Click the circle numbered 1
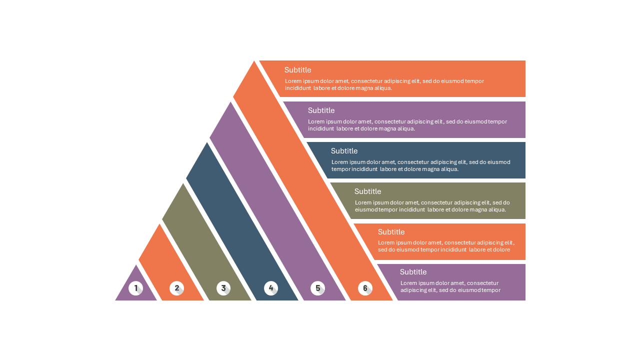tap(135, 288)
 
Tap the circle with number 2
tap(176, 288)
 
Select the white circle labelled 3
tap(223, 288)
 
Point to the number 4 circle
tap(271, 288)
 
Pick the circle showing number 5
tap(317, 288)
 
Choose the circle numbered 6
tap(365, 288)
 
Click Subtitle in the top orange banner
tap(297, 70)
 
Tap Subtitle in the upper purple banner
tap(321, 110)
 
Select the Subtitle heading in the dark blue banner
tap(344, 151)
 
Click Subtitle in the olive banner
tap(367, 191)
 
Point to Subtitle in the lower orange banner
tap(391, 232)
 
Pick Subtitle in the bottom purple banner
tap(413, 272)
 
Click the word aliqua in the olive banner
tap(497, 209)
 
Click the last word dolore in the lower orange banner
tap(501, 249)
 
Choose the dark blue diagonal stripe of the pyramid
tap(242, 221)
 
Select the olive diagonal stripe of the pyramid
tap(206, 242)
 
